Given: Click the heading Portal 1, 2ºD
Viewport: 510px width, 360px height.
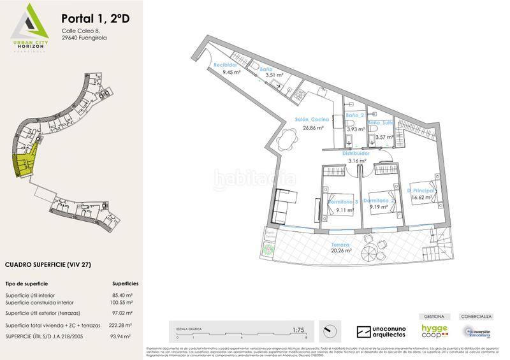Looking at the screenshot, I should (96, 18).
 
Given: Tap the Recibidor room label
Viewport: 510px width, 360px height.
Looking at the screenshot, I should (226, 65).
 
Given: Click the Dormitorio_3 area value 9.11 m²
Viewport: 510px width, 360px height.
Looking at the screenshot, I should (345, 209).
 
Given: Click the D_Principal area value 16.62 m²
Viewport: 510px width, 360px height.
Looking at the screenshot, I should (421, 198).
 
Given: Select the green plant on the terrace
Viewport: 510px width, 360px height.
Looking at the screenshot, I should (268, 250).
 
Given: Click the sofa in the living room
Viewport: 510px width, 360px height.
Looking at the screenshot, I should (280, 207).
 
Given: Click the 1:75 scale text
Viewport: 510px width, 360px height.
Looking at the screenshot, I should (297, 329).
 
